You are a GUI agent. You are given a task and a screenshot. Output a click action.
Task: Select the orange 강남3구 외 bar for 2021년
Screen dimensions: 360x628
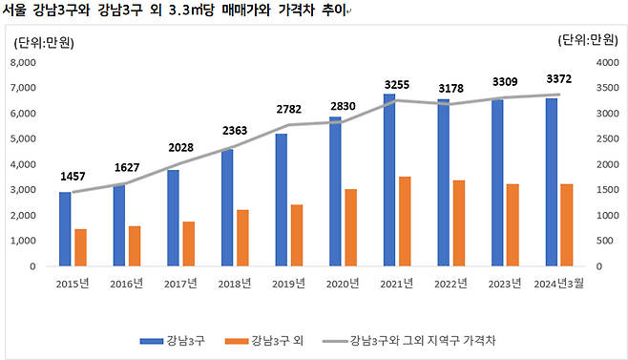pyautogui.click(x=406, y=221)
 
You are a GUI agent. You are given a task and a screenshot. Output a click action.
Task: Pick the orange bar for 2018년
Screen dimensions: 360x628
pyautogui.click(x=243, y=238)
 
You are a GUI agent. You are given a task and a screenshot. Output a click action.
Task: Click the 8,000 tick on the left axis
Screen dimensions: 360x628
pyautogui.click(x=23, y=62)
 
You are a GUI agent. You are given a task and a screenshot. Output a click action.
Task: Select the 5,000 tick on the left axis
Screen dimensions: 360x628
pyautogui.click(x=23, y=138)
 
